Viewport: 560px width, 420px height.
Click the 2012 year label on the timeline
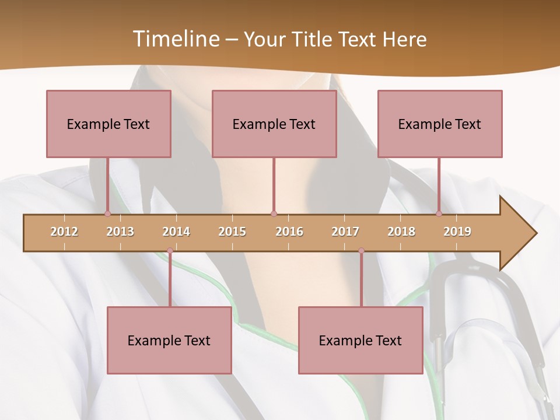point(64,232)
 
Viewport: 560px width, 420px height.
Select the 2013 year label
point(120,232)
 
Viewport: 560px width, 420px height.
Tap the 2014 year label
point(176,232)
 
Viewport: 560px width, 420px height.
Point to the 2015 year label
point(232,232)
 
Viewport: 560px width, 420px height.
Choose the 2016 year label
point(289,232)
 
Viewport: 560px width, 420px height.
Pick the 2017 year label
point(345,232)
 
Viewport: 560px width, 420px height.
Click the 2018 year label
point(401,232)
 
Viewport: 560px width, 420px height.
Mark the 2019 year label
point(457,232)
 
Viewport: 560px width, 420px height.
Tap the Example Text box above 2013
point(108,124)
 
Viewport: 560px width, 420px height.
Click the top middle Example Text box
point(274,124)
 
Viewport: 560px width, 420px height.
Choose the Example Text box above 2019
point(440,124)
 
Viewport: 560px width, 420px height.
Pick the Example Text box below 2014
point(169,340)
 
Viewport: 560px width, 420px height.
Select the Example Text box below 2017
point(360,340)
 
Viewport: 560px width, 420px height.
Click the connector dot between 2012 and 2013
point(107,213)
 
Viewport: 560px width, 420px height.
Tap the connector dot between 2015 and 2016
point(274,213)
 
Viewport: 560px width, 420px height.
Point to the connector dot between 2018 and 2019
point(439,213)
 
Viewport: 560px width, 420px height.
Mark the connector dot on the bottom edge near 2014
point(170,251)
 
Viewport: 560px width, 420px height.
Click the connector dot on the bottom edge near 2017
point(361,251)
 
